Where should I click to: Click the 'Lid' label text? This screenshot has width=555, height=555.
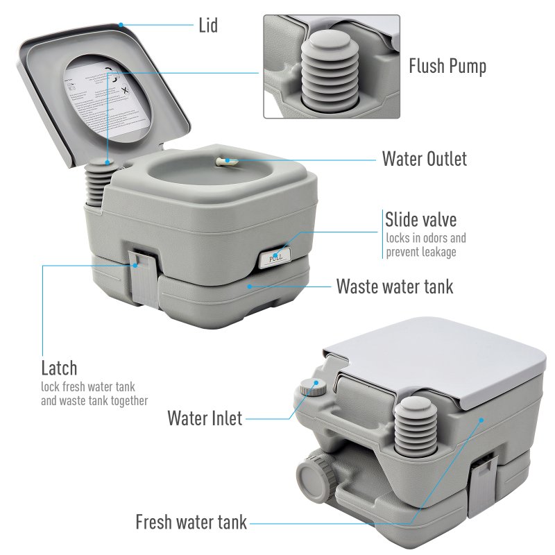[207, 26]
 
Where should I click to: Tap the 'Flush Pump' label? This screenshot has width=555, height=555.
[447, 67]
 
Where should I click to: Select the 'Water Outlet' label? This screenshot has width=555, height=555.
[424, 159]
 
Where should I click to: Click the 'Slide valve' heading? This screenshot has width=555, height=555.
[420, 220]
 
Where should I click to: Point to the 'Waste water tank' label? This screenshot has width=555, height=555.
[394, 286]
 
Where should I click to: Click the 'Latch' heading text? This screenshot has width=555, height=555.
[59, 368]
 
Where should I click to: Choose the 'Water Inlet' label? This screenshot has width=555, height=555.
[205, 418]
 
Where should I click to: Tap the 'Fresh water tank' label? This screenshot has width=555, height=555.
[191, 522]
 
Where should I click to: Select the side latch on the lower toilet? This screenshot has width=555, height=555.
[484, 486]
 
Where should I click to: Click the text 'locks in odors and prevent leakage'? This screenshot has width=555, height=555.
[426, 245]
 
